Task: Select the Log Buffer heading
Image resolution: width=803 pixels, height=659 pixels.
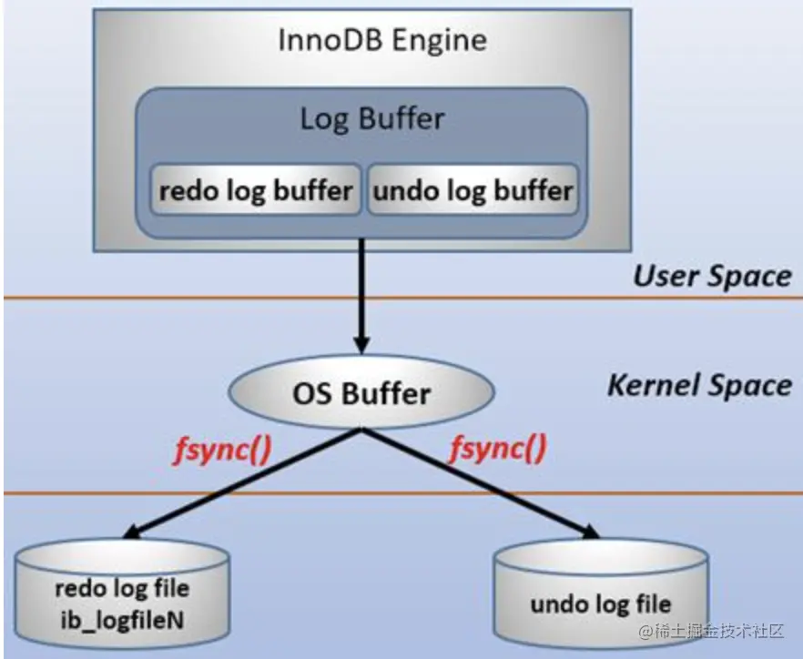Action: [372, 119]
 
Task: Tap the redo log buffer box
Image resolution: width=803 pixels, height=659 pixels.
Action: [256, 190]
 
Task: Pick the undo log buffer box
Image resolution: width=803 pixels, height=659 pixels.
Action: [473, 190]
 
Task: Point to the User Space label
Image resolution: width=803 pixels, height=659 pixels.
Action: [712, 276]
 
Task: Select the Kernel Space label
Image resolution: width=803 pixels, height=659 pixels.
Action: [699, 386]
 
